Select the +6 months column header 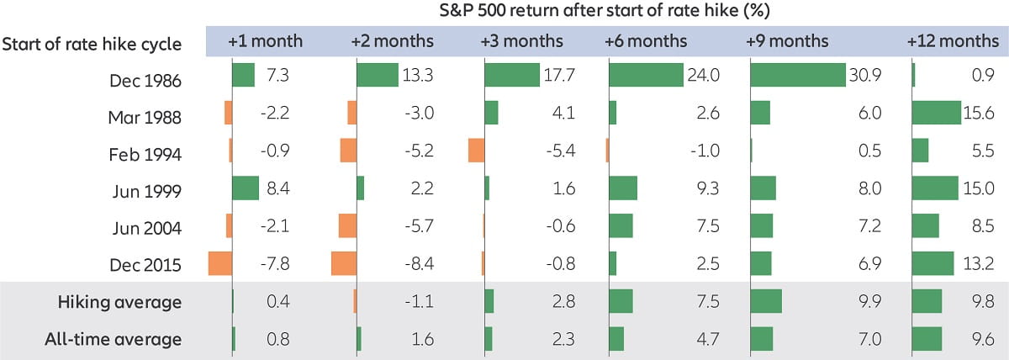point(646,41)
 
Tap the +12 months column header point(953,41)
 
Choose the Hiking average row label point(119,302)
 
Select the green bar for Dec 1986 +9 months point(797,76)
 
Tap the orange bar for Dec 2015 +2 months point(344,263)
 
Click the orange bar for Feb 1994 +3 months point(477,151)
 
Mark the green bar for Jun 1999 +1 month point(246,188)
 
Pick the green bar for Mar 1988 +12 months point(936,113)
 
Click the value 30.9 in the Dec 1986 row point(864,77)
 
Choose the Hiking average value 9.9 point(868,303)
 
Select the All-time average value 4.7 point(707,340)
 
